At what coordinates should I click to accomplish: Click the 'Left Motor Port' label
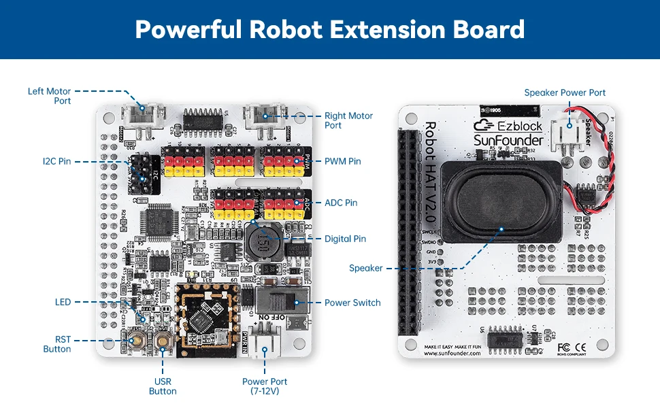click(x=49, y=96)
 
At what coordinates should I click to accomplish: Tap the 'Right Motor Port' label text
click(x=348, y=120)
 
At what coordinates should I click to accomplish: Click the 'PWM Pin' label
click(x=343, y=161)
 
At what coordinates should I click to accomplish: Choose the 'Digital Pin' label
click(x=345, y=239)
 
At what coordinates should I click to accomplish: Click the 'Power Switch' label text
click(x=352, y=303)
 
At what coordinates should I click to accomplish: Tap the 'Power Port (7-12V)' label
click(x=265, y=386)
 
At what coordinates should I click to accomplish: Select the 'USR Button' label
click(x=163, y=386)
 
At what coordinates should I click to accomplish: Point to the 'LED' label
click(x=63, y=302)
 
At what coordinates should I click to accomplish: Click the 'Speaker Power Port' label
click(x=564, y=92)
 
